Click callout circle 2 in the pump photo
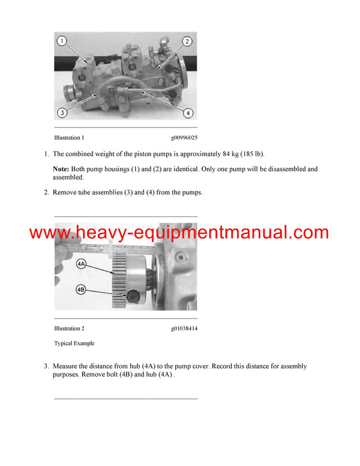click(187, 41)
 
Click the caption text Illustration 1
click(69, 138)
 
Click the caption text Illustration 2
click(69, 328)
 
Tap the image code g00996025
click(183, 138)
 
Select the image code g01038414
click(183, 328)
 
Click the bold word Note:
click(61, 169)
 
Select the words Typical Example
click(74, 343)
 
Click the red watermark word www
click(50, 233)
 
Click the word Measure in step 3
click(67, 366)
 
